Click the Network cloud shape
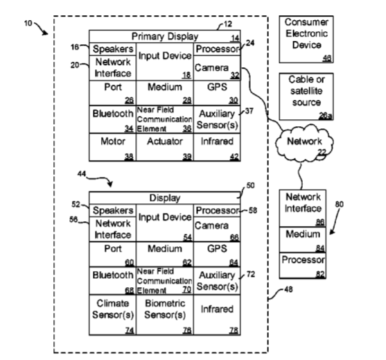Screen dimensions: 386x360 point(304,143)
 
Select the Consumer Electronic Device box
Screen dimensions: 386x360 point(306,40)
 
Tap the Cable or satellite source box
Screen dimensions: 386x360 point(306,96)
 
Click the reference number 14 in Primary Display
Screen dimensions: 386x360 point(235,38)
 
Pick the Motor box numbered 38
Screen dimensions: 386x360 point(112,147)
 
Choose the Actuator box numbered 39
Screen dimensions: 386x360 point(165,147)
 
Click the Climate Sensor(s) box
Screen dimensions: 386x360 point(112,315)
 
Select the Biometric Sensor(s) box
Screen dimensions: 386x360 point(165,315)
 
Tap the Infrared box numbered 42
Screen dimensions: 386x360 point(217,147)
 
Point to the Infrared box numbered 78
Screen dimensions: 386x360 point(217,315)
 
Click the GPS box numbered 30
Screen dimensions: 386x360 point(217,93)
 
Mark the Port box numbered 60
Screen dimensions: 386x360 point(112,255)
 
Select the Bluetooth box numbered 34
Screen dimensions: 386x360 point(112,119)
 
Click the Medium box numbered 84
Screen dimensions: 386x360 point(303,239)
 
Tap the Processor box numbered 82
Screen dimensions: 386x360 point(303,266)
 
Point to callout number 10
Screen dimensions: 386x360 point(28,23)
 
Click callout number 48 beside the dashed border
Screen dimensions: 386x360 point(288,289)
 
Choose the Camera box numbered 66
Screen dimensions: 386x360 point(217,229)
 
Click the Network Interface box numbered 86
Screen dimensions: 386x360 point(303,209)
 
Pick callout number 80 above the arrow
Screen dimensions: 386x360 point(339,204)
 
